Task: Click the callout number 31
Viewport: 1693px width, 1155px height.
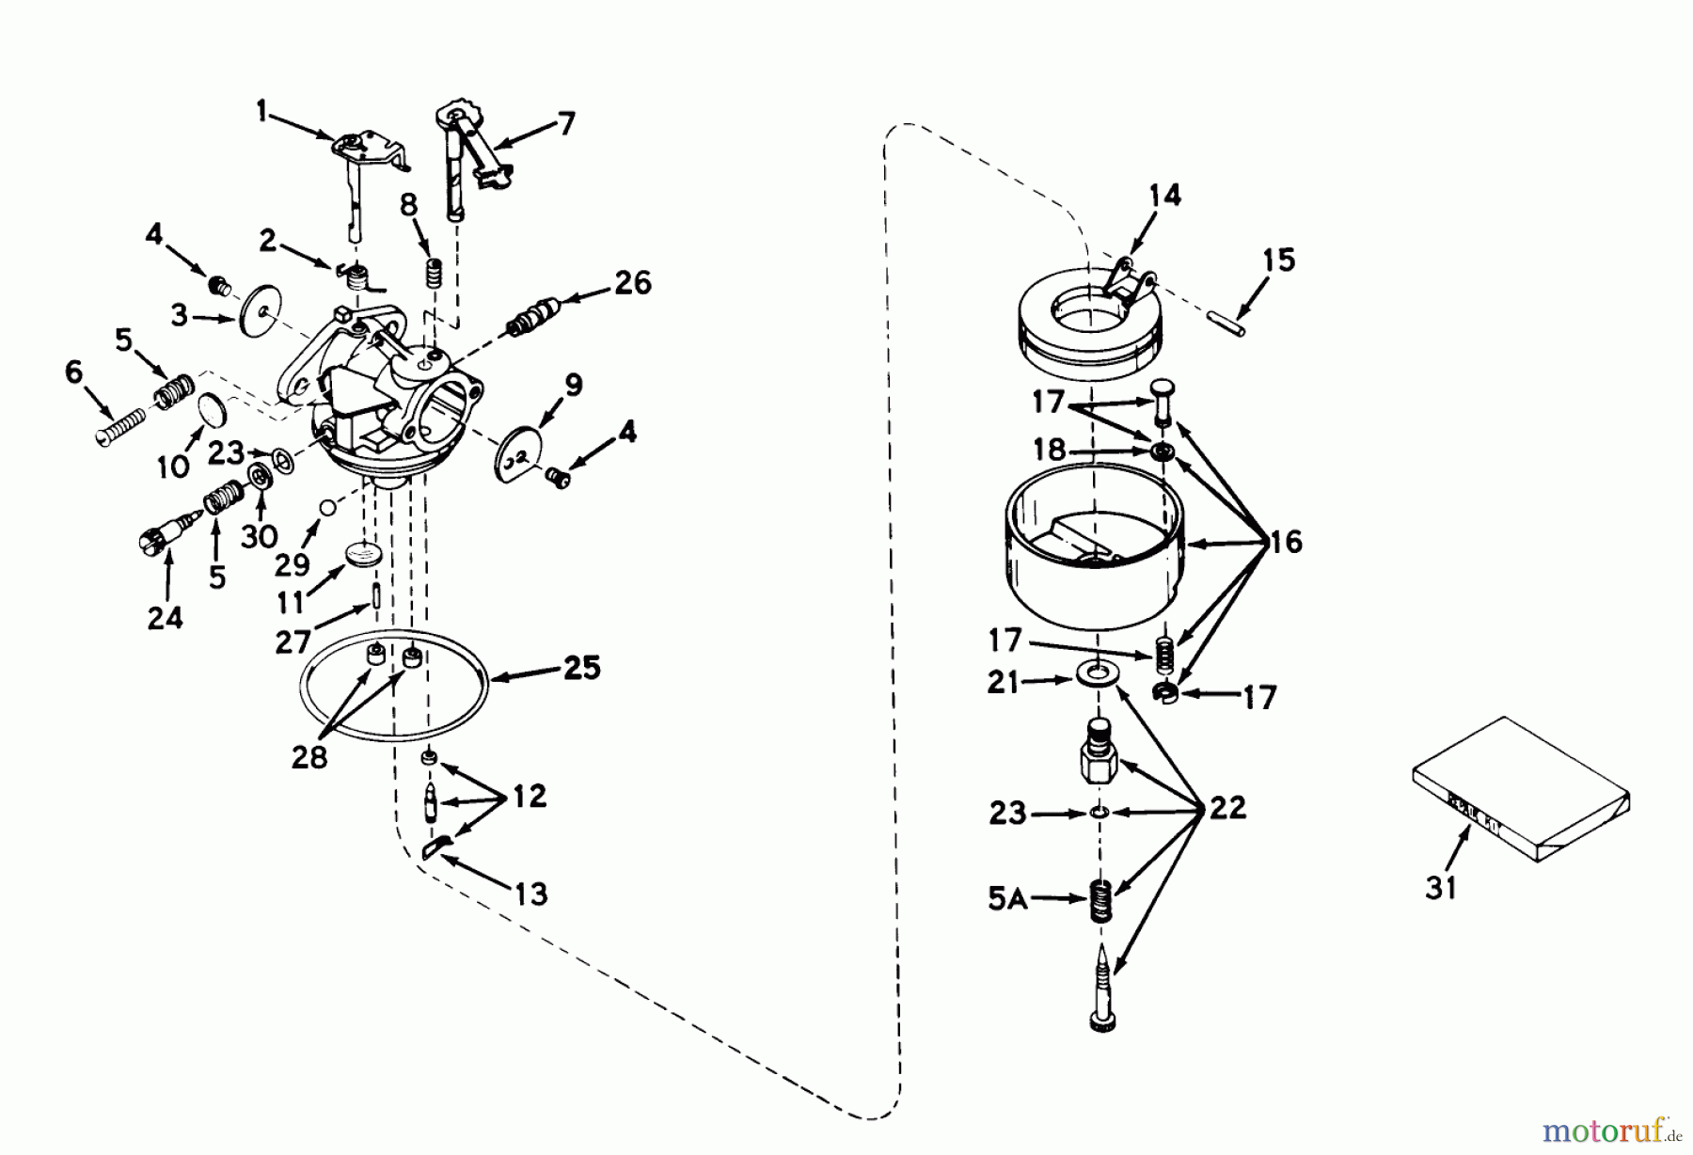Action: click(x=1440, y=887)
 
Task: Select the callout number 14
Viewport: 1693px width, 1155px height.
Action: click(x=1163, y=196)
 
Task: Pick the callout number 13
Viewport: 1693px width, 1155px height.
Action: click(x=530, y=894)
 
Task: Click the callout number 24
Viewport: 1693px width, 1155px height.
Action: click(x=165, y=618)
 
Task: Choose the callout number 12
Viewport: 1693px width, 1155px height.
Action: click(x=529, y=797)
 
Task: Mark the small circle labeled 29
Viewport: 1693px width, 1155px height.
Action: click(x=326, y=507)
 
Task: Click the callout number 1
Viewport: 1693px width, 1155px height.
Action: click(x=261, y=114)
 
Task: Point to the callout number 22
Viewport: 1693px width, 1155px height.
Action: click(x=1226, y=808)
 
